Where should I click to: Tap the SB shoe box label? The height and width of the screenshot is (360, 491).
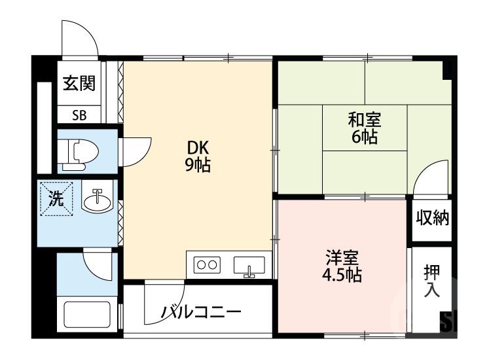(79, 115)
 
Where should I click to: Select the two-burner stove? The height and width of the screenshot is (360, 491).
(207, 265)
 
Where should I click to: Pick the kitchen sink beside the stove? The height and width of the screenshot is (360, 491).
(248, 266)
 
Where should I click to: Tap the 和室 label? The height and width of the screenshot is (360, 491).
(364, 120)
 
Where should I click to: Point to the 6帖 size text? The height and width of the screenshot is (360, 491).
(364, 137)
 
